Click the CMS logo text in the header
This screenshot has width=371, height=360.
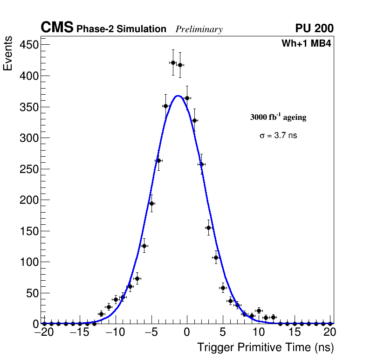point(57,28)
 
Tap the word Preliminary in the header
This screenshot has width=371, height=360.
point(199,29)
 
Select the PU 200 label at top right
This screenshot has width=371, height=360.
point(314,28)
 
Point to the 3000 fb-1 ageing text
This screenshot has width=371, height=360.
point(278,117)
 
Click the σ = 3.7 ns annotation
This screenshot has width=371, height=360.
point(278,136)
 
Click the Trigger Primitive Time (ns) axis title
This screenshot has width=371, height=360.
point(265,347)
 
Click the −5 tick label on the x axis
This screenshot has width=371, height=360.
point(151,332)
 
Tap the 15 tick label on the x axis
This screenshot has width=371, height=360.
point(294,332)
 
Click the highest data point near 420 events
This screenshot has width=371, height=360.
point(173,62)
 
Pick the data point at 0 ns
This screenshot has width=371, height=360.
point(187,98)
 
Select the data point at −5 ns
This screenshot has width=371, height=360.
point(151,203)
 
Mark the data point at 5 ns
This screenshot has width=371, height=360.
point(223,288)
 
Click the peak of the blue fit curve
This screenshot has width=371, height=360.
point(178,96)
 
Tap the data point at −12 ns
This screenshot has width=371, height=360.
point(101,314)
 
